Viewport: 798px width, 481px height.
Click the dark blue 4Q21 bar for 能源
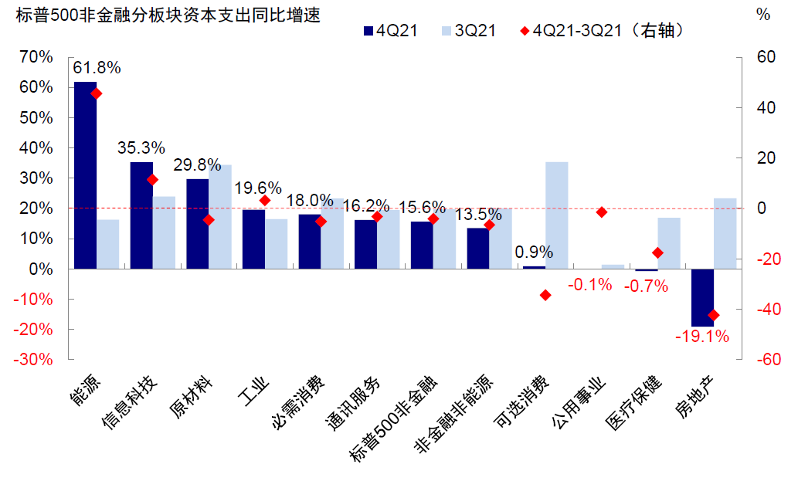tap(85, 175)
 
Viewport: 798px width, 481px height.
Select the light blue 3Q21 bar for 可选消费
tap(556, 215)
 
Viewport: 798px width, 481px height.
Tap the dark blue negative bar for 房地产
tap(702, 297)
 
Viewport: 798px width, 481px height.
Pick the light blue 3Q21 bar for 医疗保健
tap(669, 243)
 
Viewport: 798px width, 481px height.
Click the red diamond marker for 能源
tap(97, 93)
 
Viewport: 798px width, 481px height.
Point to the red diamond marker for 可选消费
tap(545, 295)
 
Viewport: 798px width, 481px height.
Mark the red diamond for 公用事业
tap(601, 212)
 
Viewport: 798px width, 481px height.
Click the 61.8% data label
tap(97, 68)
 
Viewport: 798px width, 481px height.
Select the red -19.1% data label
tap(701, 337)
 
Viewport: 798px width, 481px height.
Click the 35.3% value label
tap(141, 147)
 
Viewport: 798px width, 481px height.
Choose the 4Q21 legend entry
tap(391, 31)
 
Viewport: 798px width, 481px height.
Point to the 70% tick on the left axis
tap(36, 57)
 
